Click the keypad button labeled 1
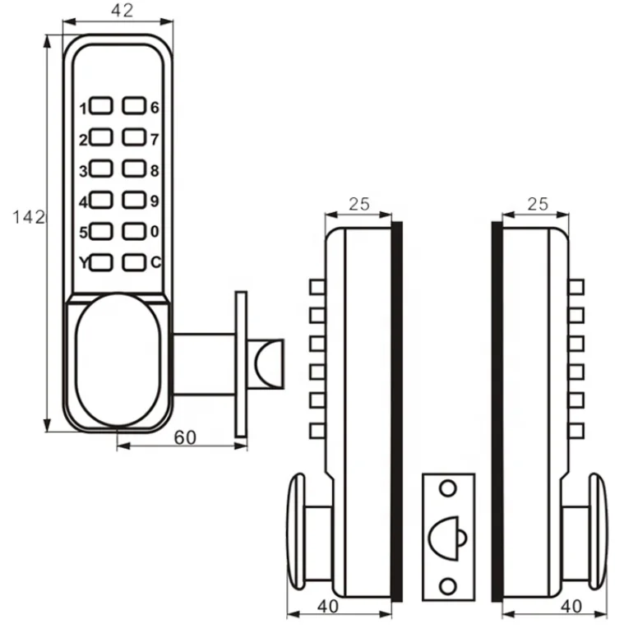pyautogui.click(x=102, y=107)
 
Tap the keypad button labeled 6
pyautogui.click(x=134, y=106)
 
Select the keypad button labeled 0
pyautogui.click(x=134, y=232)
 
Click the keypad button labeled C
pyautogui.click(x=134, y=263)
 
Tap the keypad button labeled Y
pyautogui.click(x=102, y=263)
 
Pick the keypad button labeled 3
pyautogui.click(x=102, y=169)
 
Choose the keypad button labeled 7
pyautogui.click(x=134, y=137)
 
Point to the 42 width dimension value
pyautogui.click(x=121, y=11)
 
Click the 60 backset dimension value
pyautogui.click(x=184, y=437)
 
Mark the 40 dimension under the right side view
pyautogui.click(x=570, y=607)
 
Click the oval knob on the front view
pyautogui.click(x=118, y=362)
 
